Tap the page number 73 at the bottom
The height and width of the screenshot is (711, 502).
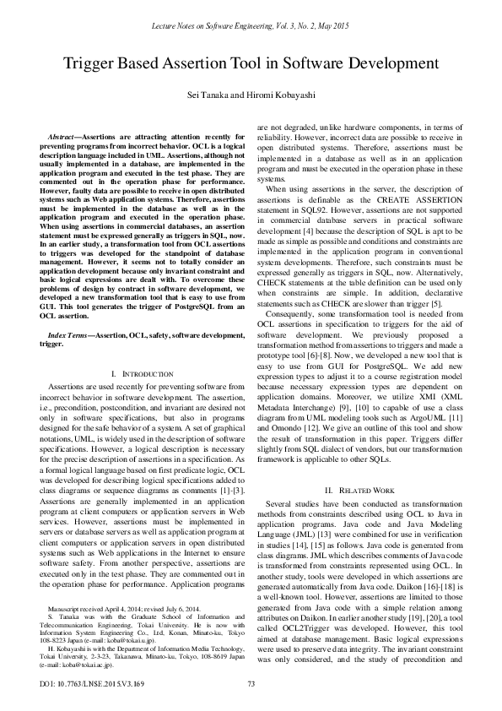coord(251,683)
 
